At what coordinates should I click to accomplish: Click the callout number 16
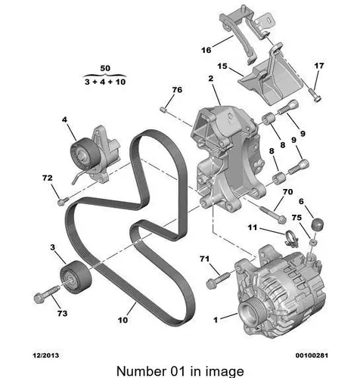206,50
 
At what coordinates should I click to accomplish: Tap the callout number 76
177,90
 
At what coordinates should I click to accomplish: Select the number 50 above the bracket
105,68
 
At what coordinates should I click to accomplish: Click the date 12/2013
46,355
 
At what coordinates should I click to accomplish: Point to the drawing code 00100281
312,355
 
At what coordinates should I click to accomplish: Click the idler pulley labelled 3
76,277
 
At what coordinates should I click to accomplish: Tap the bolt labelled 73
46,293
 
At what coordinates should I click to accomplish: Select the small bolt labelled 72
62,201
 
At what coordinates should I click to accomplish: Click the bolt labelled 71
218,280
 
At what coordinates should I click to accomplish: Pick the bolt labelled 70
273,215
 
